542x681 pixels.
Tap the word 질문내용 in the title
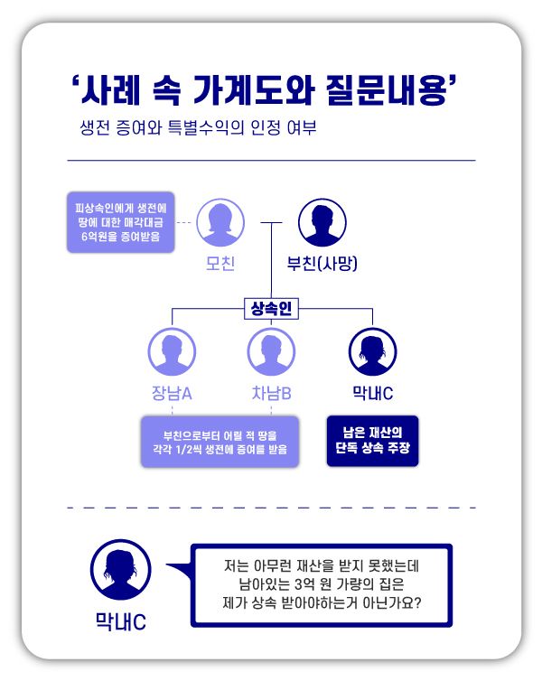387,92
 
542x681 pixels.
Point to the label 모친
220,264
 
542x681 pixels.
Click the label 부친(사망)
322,264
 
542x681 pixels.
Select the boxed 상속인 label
270,309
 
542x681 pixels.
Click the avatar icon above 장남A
172,351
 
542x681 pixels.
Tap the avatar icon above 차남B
270,351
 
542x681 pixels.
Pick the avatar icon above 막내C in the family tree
370,351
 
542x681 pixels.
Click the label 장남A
172,393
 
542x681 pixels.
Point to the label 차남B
270,393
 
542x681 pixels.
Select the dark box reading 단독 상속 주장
372,440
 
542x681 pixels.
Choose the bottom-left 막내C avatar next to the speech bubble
120,571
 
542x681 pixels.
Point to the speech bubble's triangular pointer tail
182,572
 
